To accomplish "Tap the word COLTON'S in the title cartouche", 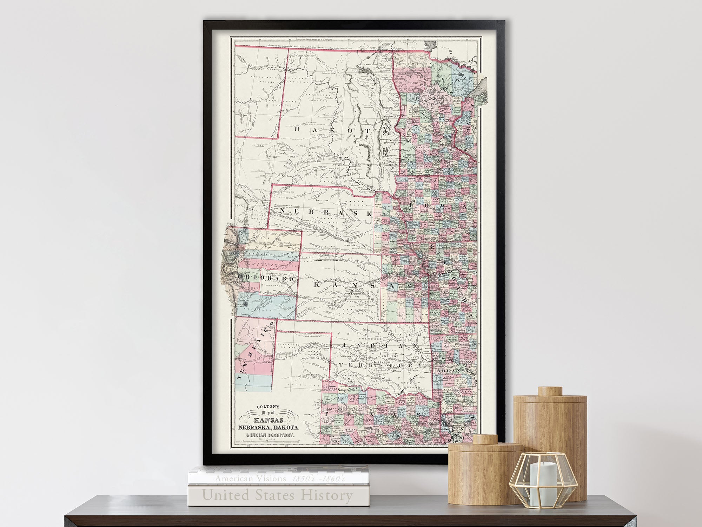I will coord(267,407).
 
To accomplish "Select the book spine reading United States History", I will coord(277,495).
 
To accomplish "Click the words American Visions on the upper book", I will coord(251,479).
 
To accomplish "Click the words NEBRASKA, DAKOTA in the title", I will coord(269,428).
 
